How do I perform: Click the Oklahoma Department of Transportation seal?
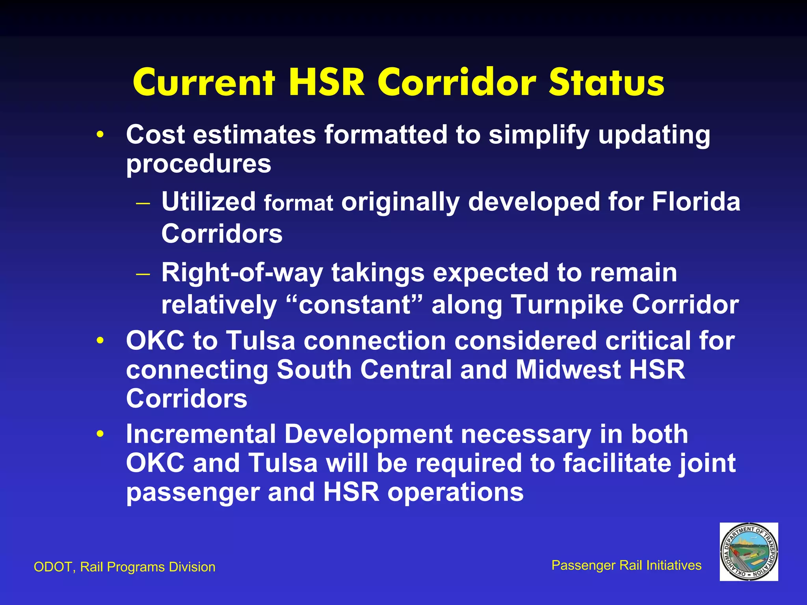coord(749,551)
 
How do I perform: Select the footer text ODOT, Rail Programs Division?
coord(125,567)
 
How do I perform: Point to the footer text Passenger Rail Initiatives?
coord(626,565)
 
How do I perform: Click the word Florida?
coord(696,202)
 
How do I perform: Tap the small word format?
coord(298,203)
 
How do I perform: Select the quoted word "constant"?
coord(354,304)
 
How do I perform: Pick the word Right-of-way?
coord(242,273)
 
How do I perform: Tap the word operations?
coord(456,492)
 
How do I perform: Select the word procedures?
coord(199,164)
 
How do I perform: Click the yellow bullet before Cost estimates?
coord(100,135)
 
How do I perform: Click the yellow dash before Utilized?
coord(143,204)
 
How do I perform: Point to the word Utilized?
coord(208,202)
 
